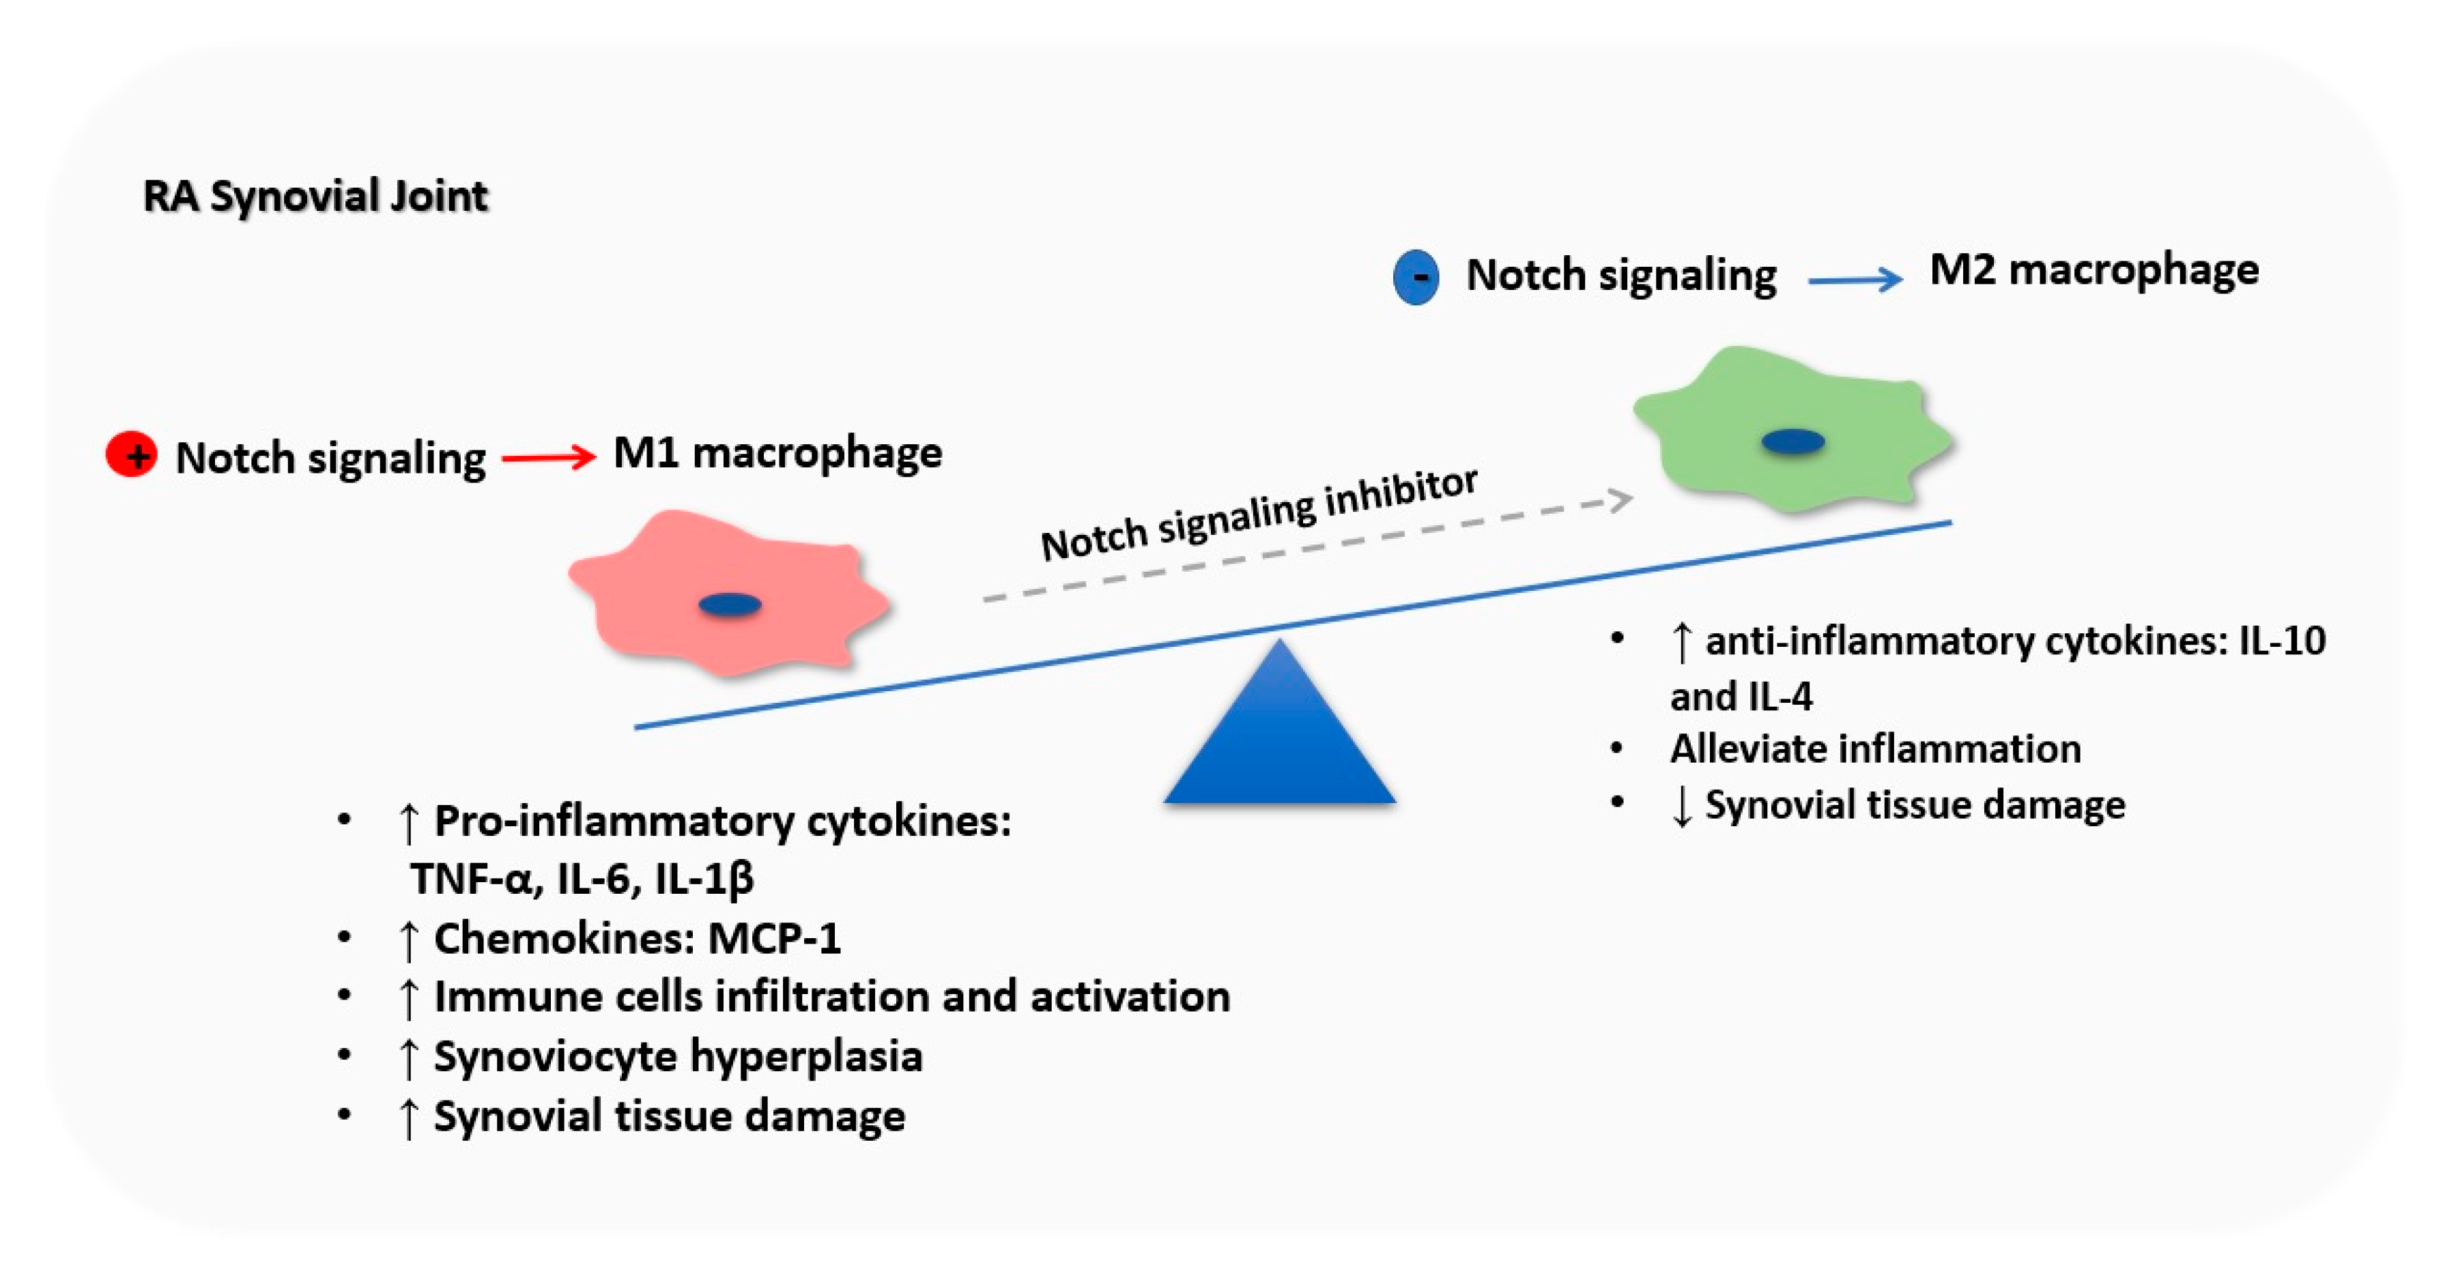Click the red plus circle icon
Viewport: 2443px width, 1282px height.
(x=131, y=455)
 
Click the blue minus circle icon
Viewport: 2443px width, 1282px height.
(x=1416, y=277)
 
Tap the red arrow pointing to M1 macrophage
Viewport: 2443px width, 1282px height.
(x=548, y=458)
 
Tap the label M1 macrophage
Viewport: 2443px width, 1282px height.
(x=777, y=452)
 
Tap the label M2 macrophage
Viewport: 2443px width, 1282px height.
(x=2094, y=270)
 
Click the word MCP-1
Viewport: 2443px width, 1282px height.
(x=774, y=939)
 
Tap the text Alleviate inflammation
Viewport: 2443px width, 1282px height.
(x=1875, y=749)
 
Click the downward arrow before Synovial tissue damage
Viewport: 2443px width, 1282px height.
(x=1681, y=806)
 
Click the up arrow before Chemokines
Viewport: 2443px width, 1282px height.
(x=409, y=939)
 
